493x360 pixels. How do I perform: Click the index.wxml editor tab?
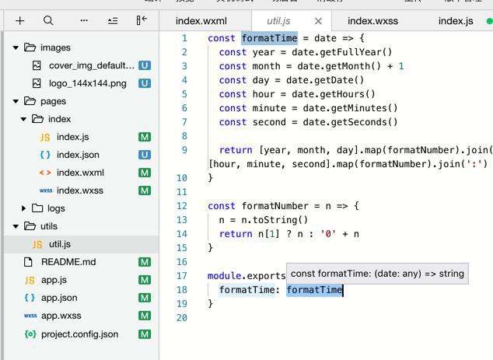click(x=201, y=21)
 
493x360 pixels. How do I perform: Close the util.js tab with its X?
click(x=318, y=21)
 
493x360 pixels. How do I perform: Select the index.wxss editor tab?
click(x=372, y=21)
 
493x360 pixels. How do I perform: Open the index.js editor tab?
click(x=456, y=21)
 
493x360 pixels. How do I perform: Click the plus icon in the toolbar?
click(x=20, y=21)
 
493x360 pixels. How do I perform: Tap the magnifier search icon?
click(x=48, y=21)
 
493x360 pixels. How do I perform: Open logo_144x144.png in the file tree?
click(x=87, y=83)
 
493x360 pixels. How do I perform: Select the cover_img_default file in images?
click(x=91, y=66)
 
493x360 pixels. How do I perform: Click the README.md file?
click(x=68, y=262)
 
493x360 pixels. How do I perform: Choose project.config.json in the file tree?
click(x=79, y=334)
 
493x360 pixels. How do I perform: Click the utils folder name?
click(x=49, y=226)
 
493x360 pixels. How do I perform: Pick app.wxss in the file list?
click(x=61, y=316)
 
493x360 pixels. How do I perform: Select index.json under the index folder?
click(x=78, y=155)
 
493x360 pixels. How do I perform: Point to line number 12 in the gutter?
click(x=182, y=206)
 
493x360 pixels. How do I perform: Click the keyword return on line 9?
click(x=236, y=150)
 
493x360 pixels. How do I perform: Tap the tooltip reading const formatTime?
click(x=377, y=273)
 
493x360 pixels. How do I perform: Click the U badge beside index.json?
click(x=145, y=155)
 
